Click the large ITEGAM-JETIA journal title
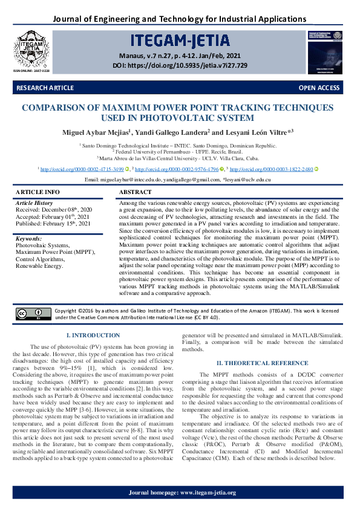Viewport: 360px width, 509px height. (179, 41)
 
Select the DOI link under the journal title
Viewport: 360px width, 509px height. (180, 65)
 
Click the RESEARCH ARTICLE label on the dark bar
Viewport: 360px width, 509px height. (45, 88)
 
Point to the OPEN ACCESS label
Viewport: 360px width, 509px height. (319, 88)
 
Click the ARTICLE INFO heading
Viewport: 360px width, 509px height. (38, 192)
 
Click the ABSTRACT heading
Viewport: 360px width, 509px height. (136, 192)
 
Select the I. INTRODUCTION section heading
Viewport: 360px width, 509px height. (93, 335)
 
